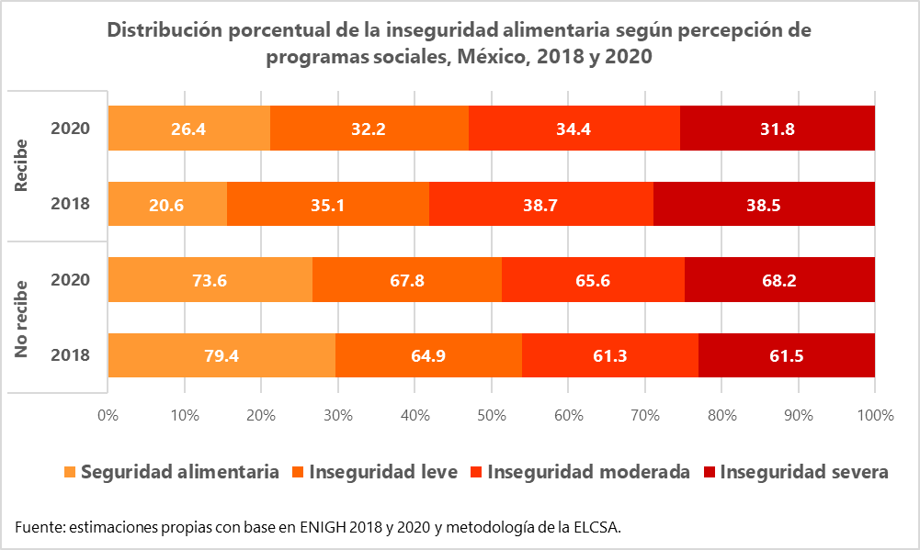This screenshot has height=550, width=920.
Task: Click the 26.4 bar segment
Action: (x=188, y=128)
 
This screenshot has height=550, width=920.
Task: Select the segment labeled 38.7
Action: (x=540, y=204)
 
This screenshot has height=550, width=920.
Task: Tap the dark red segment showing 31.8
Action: (x=777, y=128)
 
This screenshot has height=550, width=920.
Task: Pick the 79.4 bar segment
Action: (x=221, y=355)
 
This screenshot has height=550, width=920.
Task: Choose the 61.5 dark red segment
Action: (x=786, y=355)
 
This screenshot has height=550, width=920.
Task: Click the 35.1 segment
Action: (x=327, y=204)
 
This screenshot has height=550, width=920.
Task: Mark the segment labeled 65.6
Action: (x=593, y=279)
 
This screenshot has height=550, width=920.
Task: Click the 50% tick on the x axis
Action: (x=492, y=415)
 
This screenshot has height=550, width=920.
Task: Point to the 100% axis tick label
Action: (x=874, y=415)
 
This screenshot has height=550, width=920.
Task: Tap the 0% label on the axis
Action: (x=108, y=415)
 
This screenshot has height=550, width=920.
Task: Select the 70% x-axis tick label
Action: (x=645, y=415)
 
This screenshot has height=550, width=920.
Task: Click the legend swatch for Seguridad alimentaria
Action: (x=70, y=473)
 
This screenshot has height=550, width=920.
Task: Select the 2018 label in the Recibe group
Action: (x=71, y=204)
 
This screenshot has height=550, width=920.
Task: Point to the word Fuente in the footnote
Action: (x=40, y=526)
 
